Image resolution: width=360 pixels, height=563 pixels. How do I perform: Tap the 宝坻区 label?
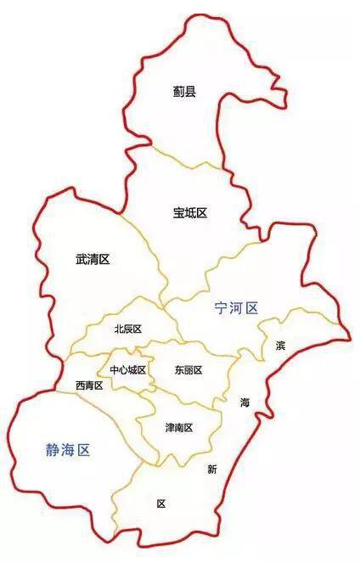[190, 212]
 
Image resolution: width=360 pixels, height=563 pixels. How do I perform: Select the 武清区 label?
[93, 259]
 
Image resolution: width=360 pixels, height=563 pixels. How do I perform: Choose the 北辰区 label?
[127, 329]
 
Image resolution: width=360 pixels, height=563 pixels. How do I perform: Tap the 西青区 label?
[88, 386]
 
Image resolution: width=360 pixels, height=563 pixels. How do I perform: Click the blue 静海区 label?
[67, 450]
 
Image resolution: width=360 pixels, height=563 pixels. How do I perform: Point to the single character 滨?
[280, 346]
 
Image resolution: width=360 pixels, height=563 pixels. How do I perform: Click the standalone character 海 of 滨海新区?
[245, 402]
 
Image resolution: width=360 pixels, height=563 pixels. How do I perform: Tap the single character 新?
[212, 470]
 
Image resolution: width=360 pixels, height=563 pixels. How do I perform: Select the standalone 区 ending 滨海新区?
[161, 504]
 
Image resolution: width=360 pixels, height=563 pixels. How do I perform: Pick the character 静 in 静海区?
[53, 450]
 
